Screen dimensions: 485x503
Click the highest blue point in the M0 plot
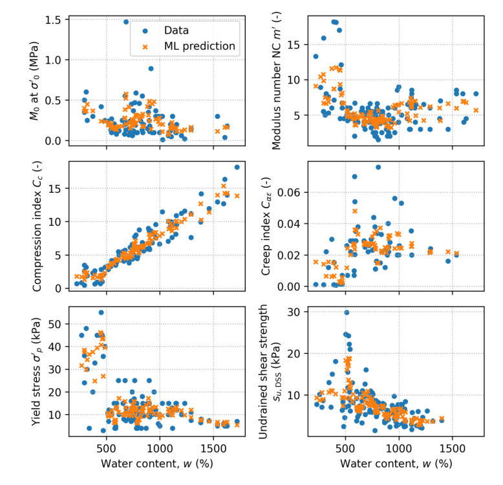click(x=126, y=21)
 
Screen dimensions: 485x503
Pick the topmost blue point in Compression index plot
click(x=237, y=167)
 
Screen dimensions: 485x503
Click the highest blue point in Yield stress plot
click(x=102, y=312)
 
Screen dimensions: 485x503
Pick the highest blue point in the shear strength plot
click(x=347, y=312)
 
